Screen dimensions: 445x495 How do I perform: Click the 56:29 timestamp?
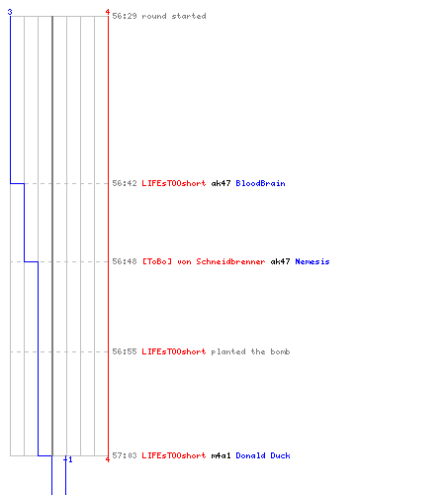[x=125, y=16]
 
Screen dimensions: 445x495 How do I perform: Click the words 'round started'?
[x=174, y=16]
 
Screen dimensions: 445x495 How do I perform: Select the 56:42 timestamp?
[x=125, y=183]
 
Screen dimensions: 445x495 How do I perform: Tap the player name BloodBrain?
[x=260, y=183]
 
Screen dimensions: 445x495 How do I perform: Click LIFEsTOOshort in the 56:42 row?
[x=174, y=183]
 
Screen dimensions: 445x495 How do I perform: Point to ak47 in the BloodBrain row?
[x=221, y=183]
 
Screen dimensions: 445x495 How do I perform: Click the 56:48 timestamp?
[x=125, y=261]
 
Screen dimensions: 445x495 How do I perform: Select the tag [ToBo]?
[x=157, y=261]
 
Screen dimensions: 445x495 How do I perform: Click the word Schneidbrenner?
[x=230, y=261]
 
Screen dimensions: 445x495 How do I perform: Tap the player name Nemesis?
[x=312, y=261]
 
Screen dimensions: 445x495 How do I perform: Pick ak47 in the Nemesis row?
[x=280, y=261]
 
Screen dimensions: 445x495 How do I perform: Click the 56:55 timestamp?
[x=125, y=351]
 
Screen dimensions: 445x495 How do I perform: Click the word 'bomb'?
[x=280, y=351]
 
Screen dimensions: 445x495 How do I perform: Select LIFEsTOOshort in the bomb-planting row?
[x=174, y=351]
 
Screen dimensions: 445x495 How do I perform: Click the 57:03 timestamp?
[x=125, y=455]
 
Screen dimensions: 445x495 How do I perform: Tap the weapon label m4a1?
[x=221, y=455]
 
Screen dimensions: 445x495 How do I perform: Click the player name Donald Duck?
[x=263, y=455]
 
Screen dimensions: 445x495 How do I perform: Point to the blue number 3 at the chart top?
[x=10, y=12]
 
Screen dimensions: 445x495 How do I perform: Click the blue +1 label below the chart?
[x=68, y=459]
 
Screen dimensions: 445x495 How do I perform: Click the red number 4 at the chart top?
[x=108, y=12]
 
